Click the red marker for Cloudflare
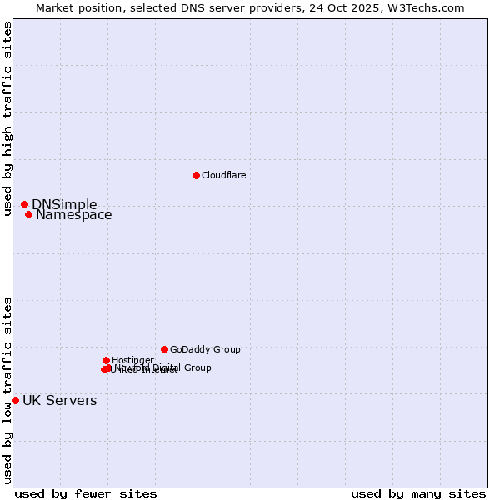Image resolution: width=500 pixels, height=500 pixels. click(x=196, y=175)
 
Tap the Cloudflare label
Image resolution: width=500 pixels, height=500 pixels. click(x=223, y=175)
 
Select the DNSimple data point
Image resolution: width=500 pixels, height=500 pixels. click(x=24, y=204)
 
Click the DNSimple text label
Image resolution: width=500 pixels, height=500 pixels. click(x=64, y=205)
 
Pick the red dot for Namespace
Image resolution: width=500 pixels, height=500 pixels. click(x=28, y=214)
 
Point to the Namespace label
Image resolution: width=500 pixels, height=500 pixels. click(x=73, y=215)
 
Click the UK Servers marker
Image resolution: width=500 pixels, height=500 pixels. click(x=15, y=400)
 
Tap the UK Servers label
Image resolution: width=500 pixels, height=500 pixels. click(x=59, y=401)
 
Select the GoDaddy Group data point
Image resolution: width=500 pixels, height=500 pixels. click(x=164, y=349)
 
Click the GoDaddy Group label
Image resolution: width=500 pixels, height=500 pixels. click(x=205, y=350)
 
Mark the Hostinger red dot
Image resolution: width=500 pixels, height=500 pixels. click(x=106, y=360)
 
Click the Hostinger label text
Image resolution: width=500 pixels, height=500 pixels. click(x=132, y=361)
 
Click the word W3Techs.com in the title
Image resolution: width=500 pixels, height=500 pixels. click(x=430, y=8)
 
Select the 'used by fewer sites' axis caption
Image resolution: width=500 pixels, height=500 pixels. click(x=86, y=493)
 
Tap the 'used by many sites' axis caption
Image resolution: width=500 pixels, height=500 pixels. click(x=418, y=493)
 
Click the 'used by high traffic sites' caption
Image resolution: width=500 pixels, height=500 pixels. click(x=8, y=118)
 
